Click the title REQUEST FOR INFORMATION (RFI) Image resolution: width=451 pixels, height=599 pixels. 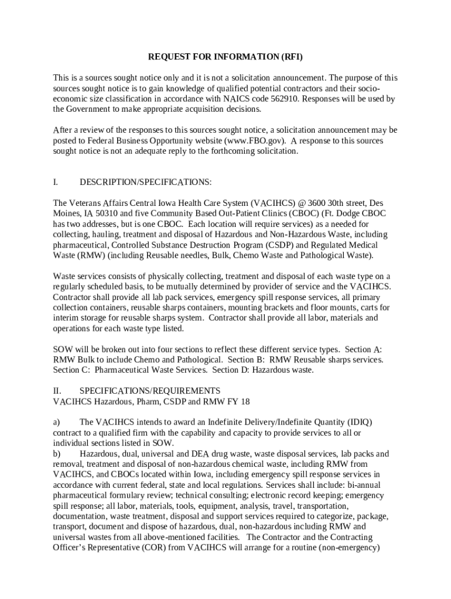coord(225,57)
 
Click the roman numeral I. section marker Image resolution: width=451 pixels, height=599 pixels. coord(56,183)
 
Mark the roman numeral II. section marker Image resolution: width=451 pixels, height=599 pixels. coord(57,391)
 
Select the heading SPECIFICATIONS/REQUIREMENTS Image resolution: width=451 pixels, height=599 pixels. coord(150,391)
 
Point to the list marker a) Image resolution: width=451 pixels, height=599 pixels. coord(57,422)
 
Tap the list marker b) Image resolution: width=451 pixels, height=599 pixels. coord(57,454)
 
